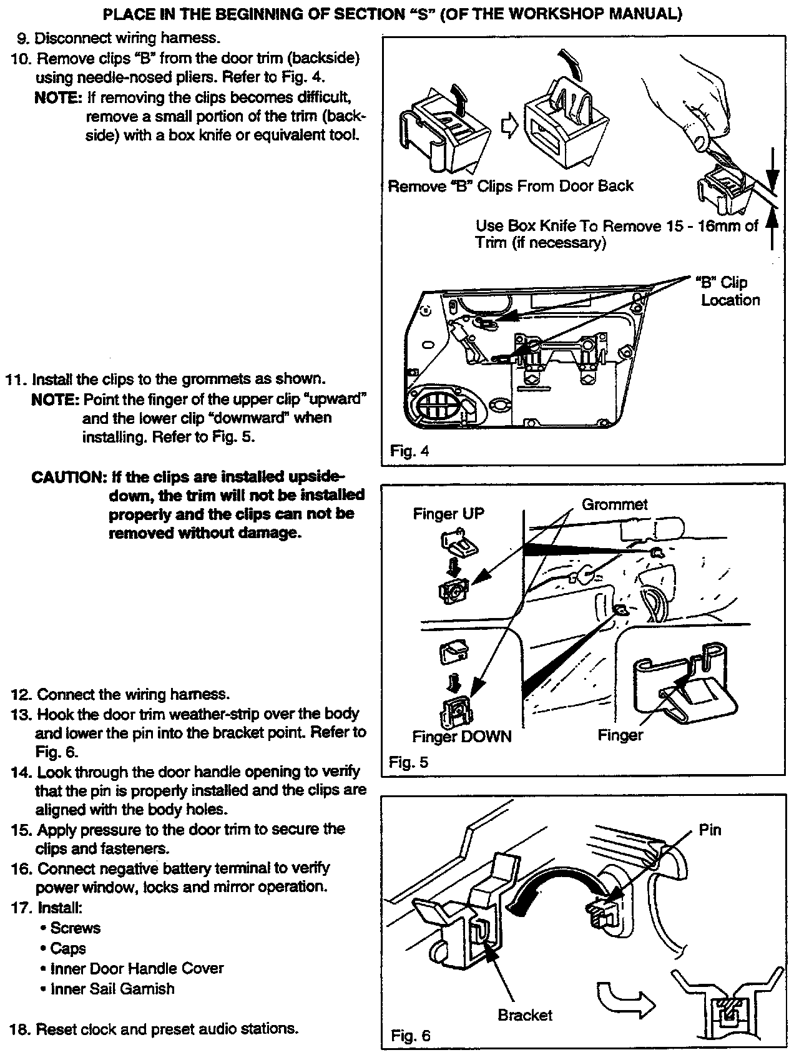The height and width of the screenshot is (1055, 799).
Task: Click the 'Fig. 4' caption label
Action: pos(409,451)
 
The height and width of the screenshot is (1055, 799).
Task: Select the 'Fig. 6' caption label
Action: pos(410,1036)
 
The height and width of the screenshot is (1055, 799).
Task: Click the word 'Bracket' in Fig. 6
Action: pos(525,1015)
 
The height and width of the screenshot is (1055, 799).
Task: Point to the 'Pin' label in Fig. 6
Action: pos(710,830)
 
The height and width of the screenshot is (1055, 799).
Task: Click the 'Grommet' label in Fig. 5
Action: pos(614,504)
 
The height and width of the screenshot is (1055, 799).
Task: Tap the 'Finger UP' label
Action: pos(448,514)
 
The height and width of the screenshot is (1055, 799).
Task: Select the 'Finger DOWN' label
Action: pos(461,737)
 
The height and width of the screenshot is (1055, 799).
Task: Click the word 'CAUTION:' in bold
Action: pos(69,478)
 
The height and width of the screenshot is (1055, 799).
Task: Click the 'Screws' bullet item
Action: pos(76,928)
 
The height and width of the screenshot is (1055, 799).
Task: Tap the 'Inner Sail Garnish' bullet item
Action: pos(112,988)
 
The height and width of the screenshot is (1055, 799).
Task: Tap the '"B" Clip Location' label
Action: pos(728,291)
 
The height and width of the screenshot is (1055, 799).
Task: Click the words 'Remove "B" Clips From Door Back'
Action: pos(510,186)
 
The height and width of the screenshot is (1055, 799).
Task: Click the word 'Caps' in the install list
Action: pos(68,948)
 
